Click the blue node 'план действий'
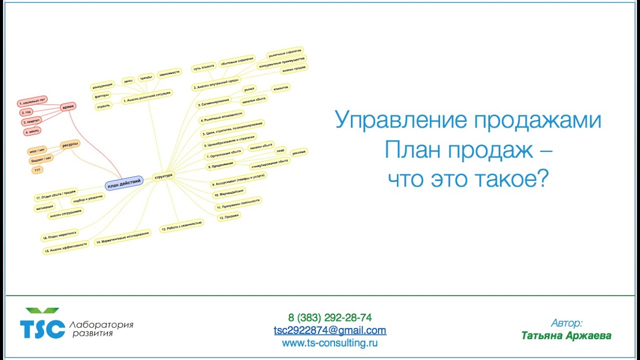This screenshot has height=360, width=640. [x=124, y=183]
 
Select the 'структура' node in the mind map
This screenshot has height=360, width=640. [x=163, y=176]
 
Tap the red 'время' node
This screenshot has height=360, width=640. [x=68, y=107]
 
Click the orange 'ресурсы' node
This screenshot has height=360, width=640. [x=69, y=145]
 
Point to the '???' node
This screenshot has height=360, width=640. [x=37, y=170]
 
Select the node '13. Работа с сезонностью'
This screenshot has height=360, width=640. [x=181, y=226]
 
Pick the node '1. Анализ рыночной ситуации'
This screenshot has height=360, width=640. [x=147, y=96]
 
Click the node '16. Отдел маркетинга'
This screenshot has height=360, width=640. [x=59, y=235]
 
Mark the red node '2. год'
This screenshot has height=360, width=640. [x=26, y=112]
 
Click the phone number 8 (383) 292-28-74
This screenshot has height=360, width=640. [x=329, y=317]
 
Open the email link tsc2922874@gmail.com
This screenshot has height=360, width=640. [x=329, y=330]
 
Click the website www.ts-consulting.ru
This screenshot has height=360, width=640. [x=329, y=343]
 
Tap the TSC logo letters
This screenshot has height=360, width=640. [x=42, y=328]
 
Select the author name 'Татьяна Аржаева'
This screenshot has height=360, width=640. [x=566, y=335]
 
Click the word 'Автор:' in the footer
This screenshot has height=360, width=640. [x=566, y=322]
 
